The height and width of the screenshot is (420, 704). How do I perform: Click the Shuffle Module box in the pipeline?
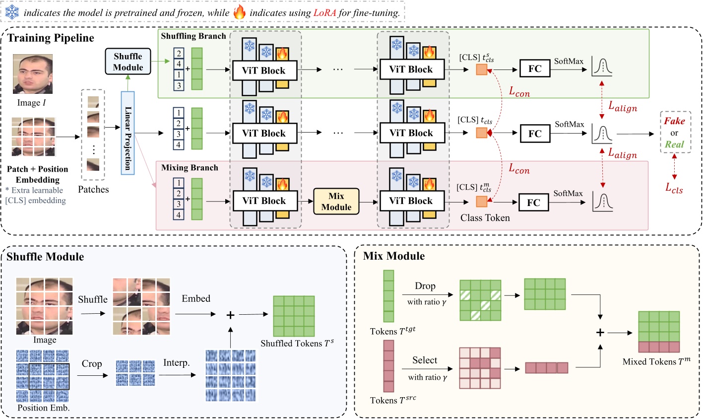(x=128, y=62)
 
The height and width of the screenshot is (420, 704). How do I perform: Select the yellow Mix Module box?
(x=336, y=202)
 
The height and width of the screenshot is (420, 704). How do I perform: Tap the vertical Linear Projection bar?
(x=128, y=133)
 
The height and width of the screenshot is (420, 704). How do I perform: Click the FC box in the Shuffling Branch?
(x=535, y=69)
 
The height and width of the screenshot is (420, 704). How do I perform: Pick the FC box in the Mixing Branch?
(x=533, y=203)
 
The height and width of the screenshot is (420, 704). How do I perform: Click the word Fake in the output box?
(x=674, y=121)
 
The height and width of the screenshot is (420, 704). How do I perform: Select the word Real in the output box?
(x=674, y=144)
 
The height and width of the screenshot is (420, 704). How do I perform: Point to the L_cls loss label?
(x=674, y=187)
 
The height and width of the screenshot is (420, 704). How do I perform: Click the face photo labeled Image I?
(x=33, y=74)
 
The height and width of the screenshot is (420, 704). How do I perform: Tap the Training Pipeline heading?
(x=51, y=38)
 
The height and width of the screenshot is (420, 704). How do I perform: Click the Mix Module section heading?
(x=394, y=256)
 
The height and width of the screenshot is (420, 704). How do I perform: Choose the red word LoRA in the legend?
(x=324, y=12)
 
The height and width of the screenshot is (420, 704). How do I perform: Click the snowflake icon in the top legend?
(x=12, y=12)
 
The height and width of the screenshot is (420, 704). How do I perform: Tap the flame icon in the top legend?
(x=239, y=12)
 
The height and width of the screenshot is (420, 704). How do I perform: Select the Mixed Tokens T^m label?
(x=656, y=361)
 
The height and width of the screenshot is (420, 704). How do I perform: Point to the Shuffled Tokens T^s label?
(x=297, y=343)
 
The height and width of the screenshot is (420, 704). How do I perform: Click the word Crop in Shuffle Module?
(x=92, y=364)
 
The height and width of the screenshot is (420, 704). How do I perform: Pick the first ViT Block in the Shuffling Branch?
(x=264, y=70)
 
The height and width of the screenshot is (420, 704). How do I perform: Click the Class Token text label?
(x=485, y=218)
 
